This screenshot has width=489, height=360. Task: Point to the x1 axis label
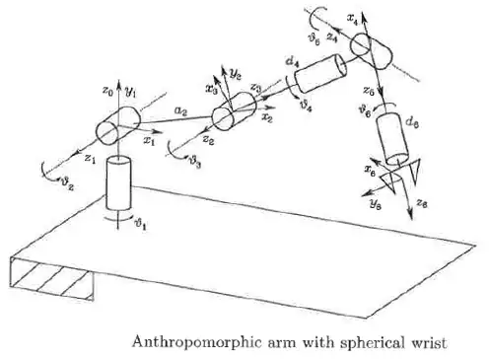149,141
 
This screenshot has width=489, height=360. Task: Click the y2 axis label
237,74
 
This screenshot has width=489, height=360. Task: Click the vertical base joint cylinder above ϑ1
119,184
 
